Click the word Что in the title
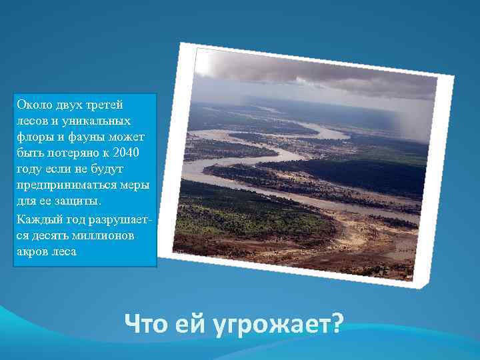pyautogui.click(x=147, y=325)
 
